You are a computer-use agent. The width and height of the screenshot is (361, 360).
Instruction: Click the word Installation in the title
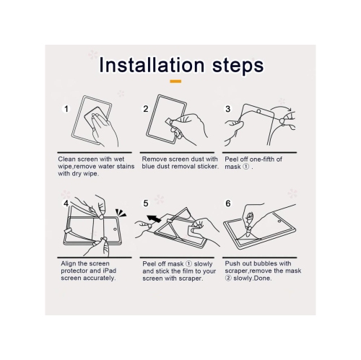point(152,65)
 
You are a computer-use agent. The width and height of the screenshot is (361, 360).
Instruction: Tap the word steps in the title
point(238,66)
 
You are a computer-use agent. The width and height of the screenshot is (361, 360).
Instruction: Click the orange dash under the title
point(175,82)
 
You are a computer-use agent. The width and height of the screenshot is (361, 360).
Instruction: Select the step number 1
point(66,109)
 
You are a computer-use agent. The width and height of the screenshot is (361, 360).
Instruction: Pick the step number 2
point(146,109)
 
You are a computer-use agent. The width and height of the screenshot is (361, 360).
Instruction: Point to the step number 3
point(228,109)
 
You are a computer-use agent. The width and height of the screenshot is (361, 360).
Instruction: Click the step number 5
point(146,203)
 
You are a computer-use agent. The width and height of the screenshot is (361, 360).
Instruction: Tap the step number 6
point(228,203)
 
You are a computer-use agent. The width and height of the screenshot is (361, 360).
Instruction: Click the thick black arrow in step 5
point(154,219)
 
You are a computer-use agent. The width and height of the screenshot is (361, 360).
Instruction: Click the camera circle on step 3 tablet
point(258,111)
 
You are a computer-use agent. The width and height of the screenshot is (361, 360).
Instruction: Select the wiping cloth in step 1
point(93,118)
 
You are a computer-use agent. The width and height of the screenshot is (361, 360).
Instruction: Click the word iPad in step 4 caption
point(110,271)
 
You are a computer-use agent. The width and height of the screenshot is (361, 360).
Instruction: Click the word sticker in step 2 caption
point(207,167)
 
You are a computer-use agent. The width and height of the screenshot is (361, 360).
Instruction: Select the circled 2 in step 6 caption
point(227,278)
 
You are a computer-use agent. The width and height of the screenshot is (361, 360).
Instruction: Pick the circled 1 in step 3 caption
point(245,167)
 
